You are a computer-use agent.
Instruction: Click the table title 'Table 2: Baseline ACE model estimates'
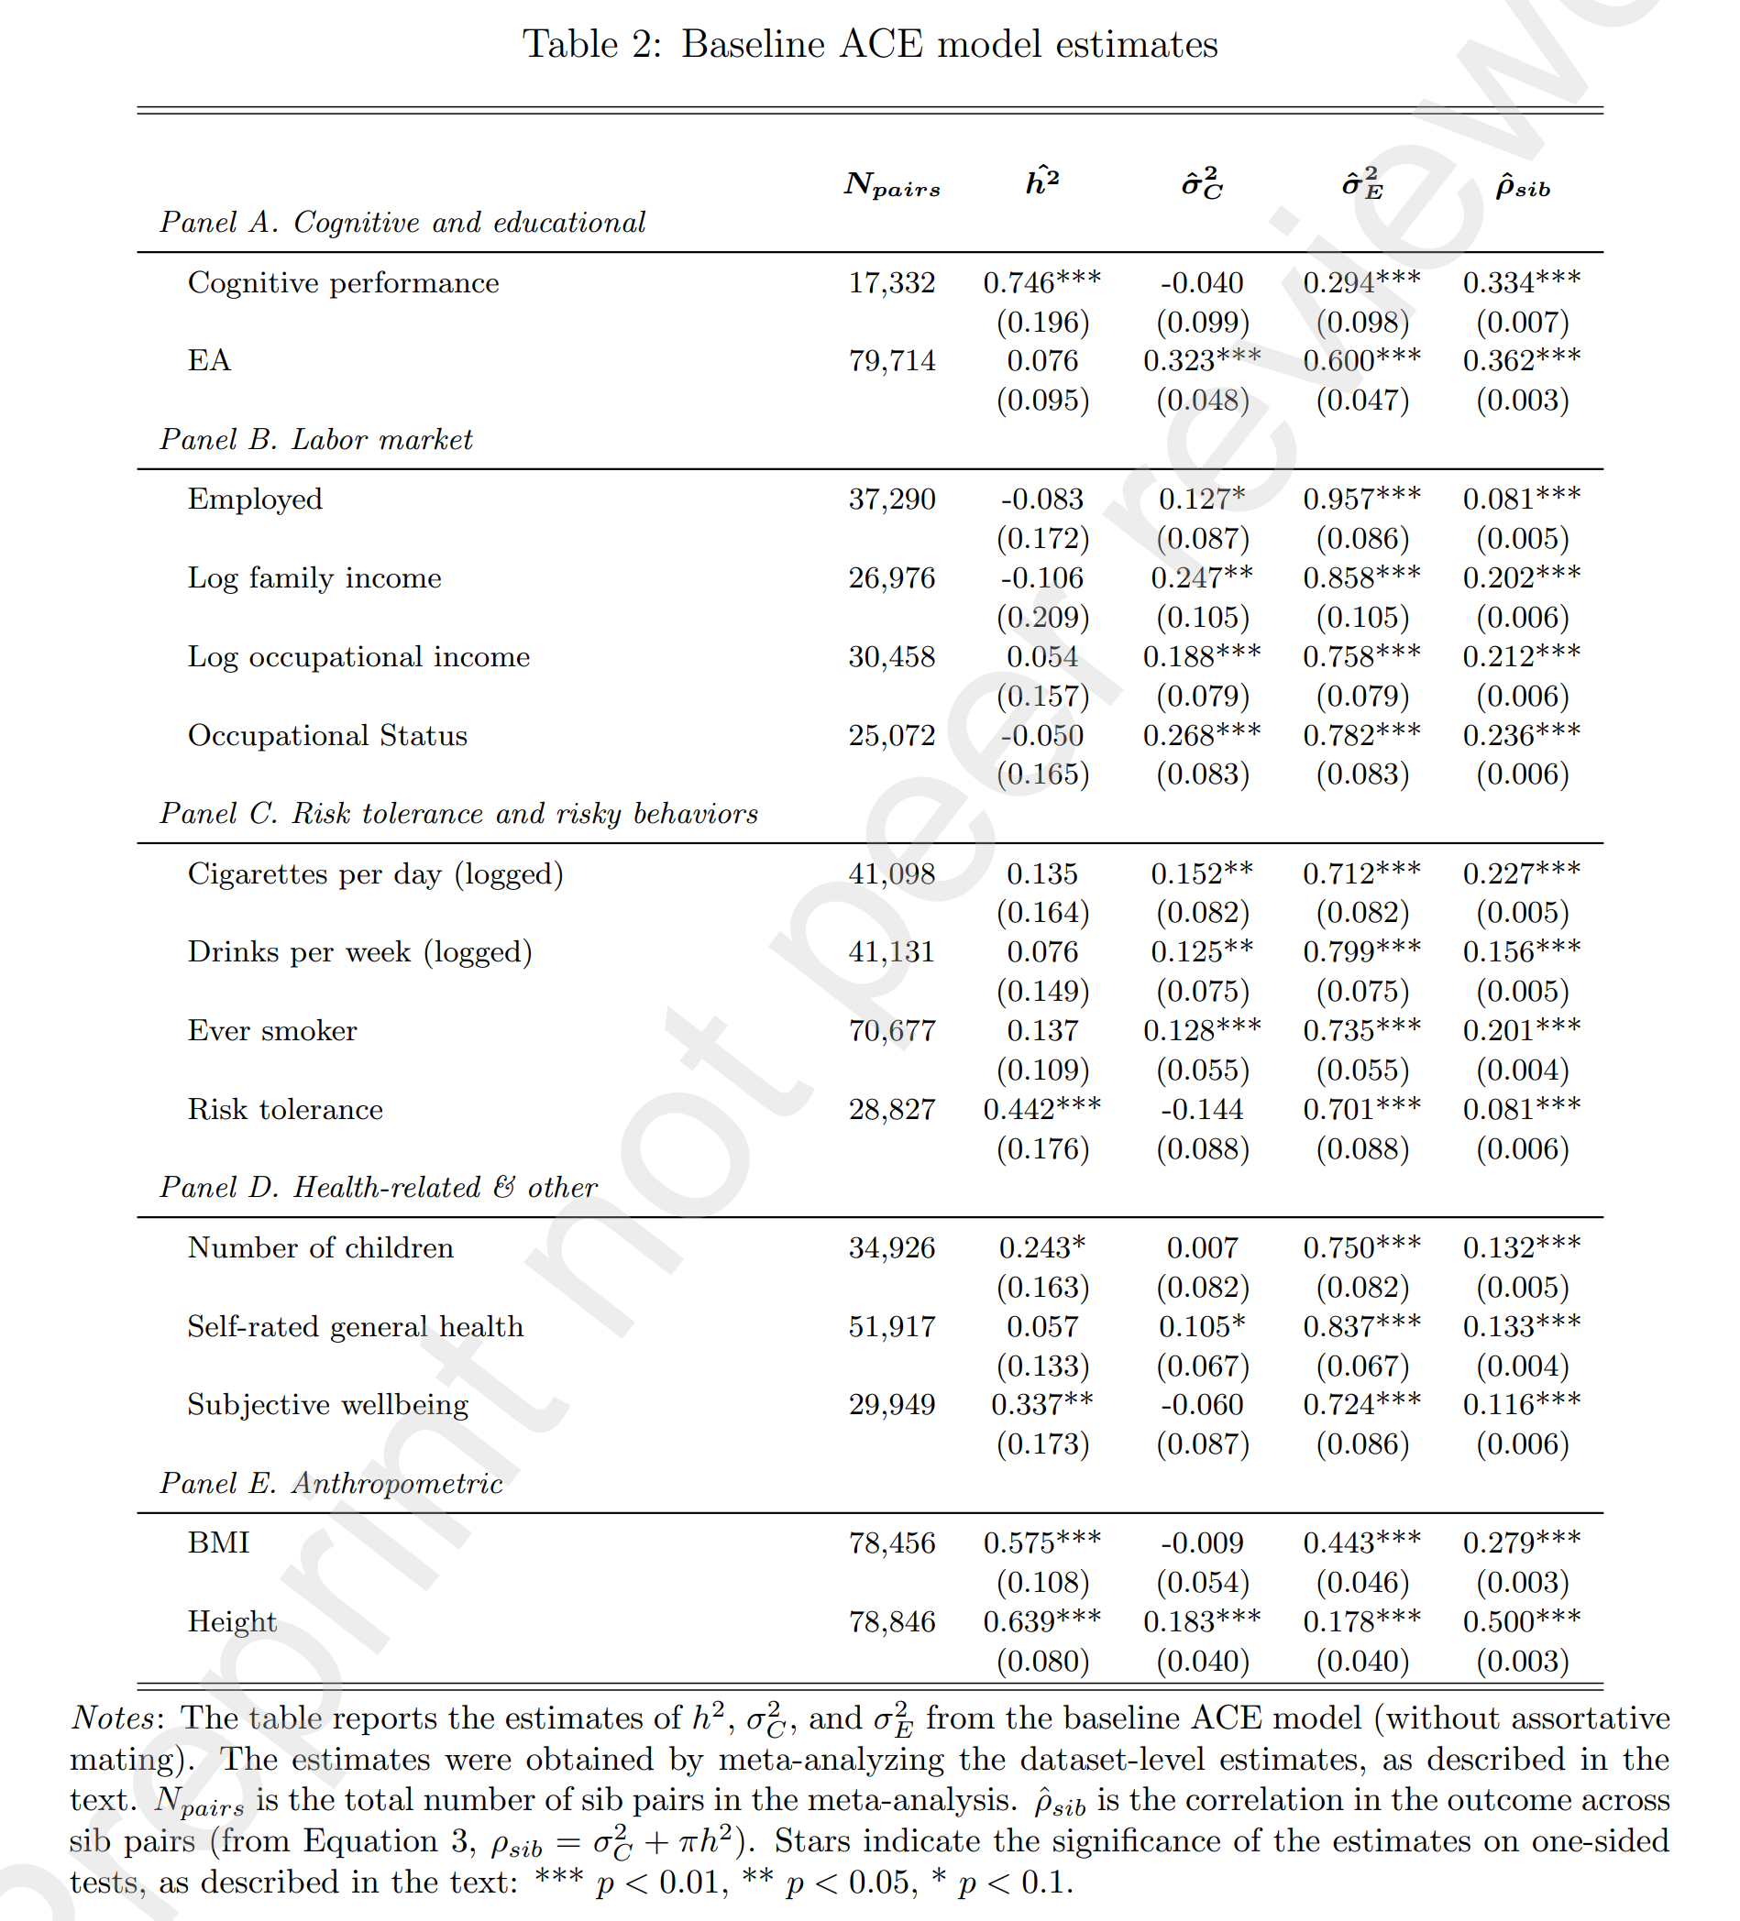pyautogui.click(x=869, y=45)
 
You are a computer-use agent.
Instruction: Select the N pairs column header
pyautogui.click(x=891, y=185)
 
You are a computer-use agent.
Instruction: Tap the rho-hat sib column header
pyautogui.click(x=1522, y=185)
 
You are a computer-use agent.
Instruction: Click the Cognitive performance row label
pyautogui.click(x=343, y=283)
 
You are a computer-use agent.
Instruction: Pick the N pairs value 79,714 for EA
pyautogui.click(x=891, y=361)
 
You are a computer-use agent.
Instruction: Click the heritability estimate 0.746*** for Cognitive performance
pyautogui.click(x=1041, y=283)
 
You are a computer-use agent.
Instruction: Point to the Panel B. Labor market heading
pyautogui.click(x=315, y=439)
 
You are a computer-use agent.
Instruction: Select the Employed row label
pyautogui.click(x=255, y=499)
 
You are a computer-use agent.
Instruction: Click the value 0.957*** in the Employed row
pyautogui.click(x=1360, y=499)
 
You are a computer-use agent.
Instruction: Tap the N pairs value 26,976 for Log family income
pyautogui.click(x=891, y=578)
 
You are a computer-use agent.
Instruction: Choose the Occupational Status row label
pyautogui.click(x=327, y=736)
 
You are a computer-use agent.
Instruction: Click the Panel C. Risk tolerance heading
pyautogui.click(x=458, y=814)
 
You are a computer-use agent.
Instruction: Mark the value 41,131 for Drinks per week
pyautogui.click(x=891, y=952)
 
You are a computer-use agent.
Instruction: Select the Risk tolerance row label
pyautogui.click(x=285, y=1109)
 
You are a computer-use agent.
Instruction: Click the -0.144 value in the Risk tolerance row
pyautogui.click(x=1202, y=1109)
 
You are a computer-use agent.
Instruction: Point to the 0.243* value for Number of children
pyautogui.click(x=1041, y=1248)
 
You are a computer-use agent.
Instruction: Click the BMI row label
pyautogui.click(x=218, y=1542)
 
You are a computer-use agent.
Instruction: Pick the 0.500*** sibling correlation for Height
pyautogui.click(x=1522, y=1622)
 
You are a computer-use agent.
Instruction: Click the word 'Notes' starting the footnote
pyautogui.click(x=112, y=1718)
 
